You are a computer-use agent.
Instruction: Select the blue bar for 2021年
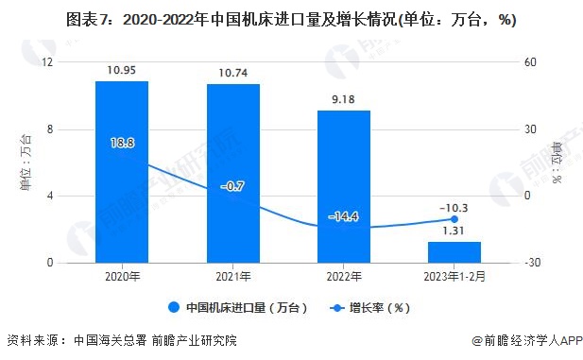tap(233, 174)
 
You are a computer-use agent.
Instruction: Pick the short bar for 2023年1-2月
tap(454, 252)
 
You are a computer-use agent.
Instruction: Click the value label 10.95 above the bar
tap(122, 71)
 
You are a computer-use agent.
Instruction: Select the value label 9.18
tap(344, 99)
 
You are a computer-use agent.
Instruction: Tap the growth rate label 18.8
tap(122, 143)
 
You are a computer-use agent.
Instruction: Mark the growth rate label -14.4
tap(344, 216)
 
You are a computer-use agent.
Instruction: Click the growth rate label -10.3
tap(454, 207)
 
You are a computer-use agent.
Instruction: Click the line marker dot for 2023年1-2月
tap(454, 219)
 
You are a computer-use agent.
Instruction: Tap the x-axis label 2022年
tap(344, 277)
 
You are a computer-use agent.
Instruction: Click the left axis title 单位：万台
tap(26, 163)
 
